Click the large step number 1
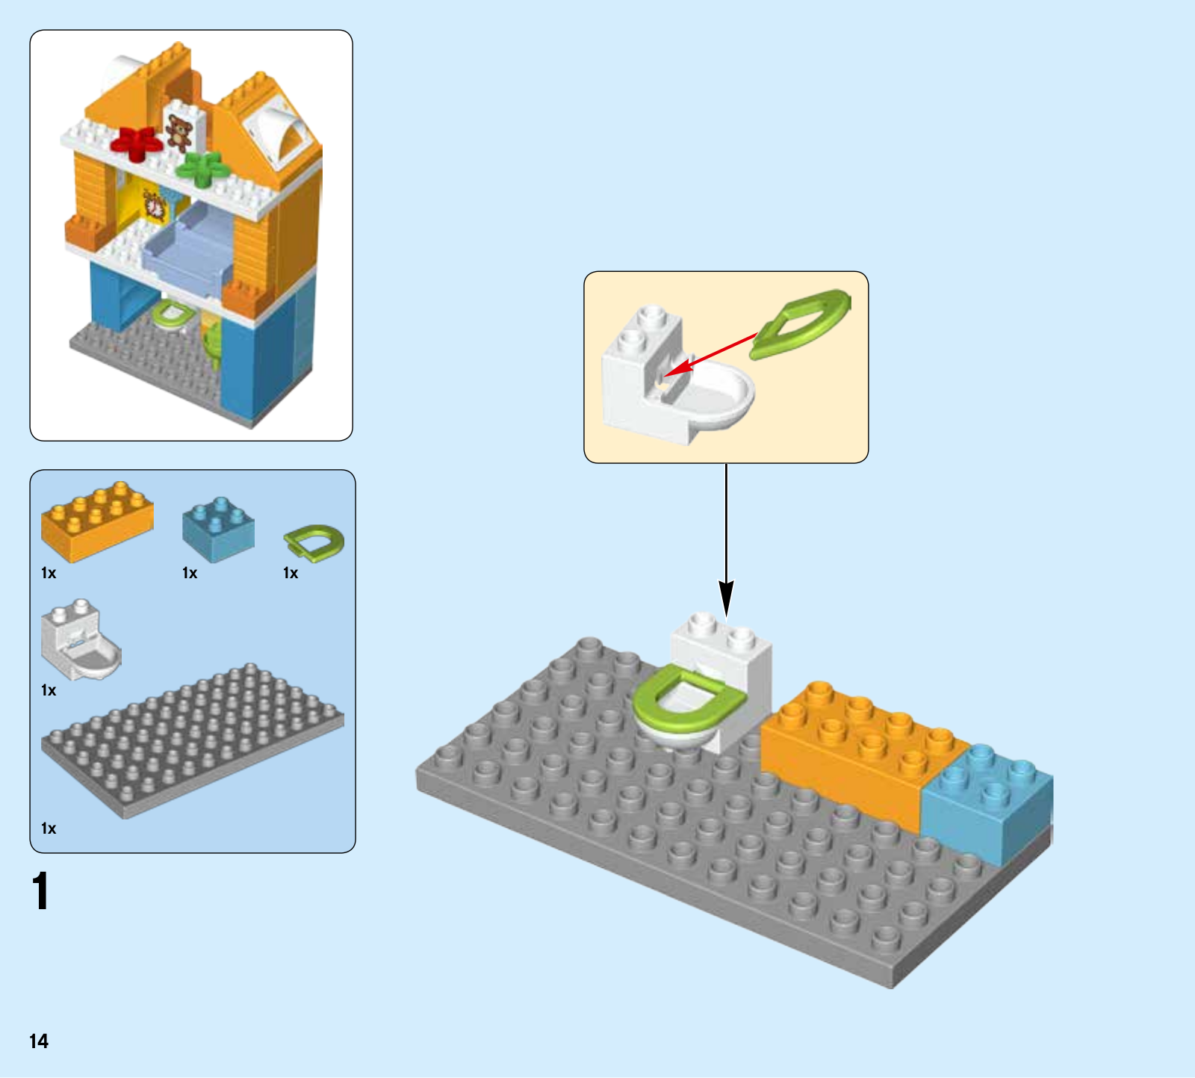click(x=41, y=891)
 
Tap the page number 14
click(x=39, y=1041)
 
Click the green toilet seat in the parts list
click(x=314, y=542)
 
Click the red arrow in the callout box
click(x=710, y=355)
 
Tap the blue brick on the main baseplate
click(x=986, y=803)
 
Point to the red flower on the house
click(x=137, y=142)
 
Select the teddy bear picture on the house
click(x=179, y=133)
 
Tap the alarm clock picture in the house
click(x=155, y=205)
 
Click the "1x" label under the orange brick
click(x=49, y=573)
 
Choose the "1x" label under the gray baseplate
click(x=49, y=828)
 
